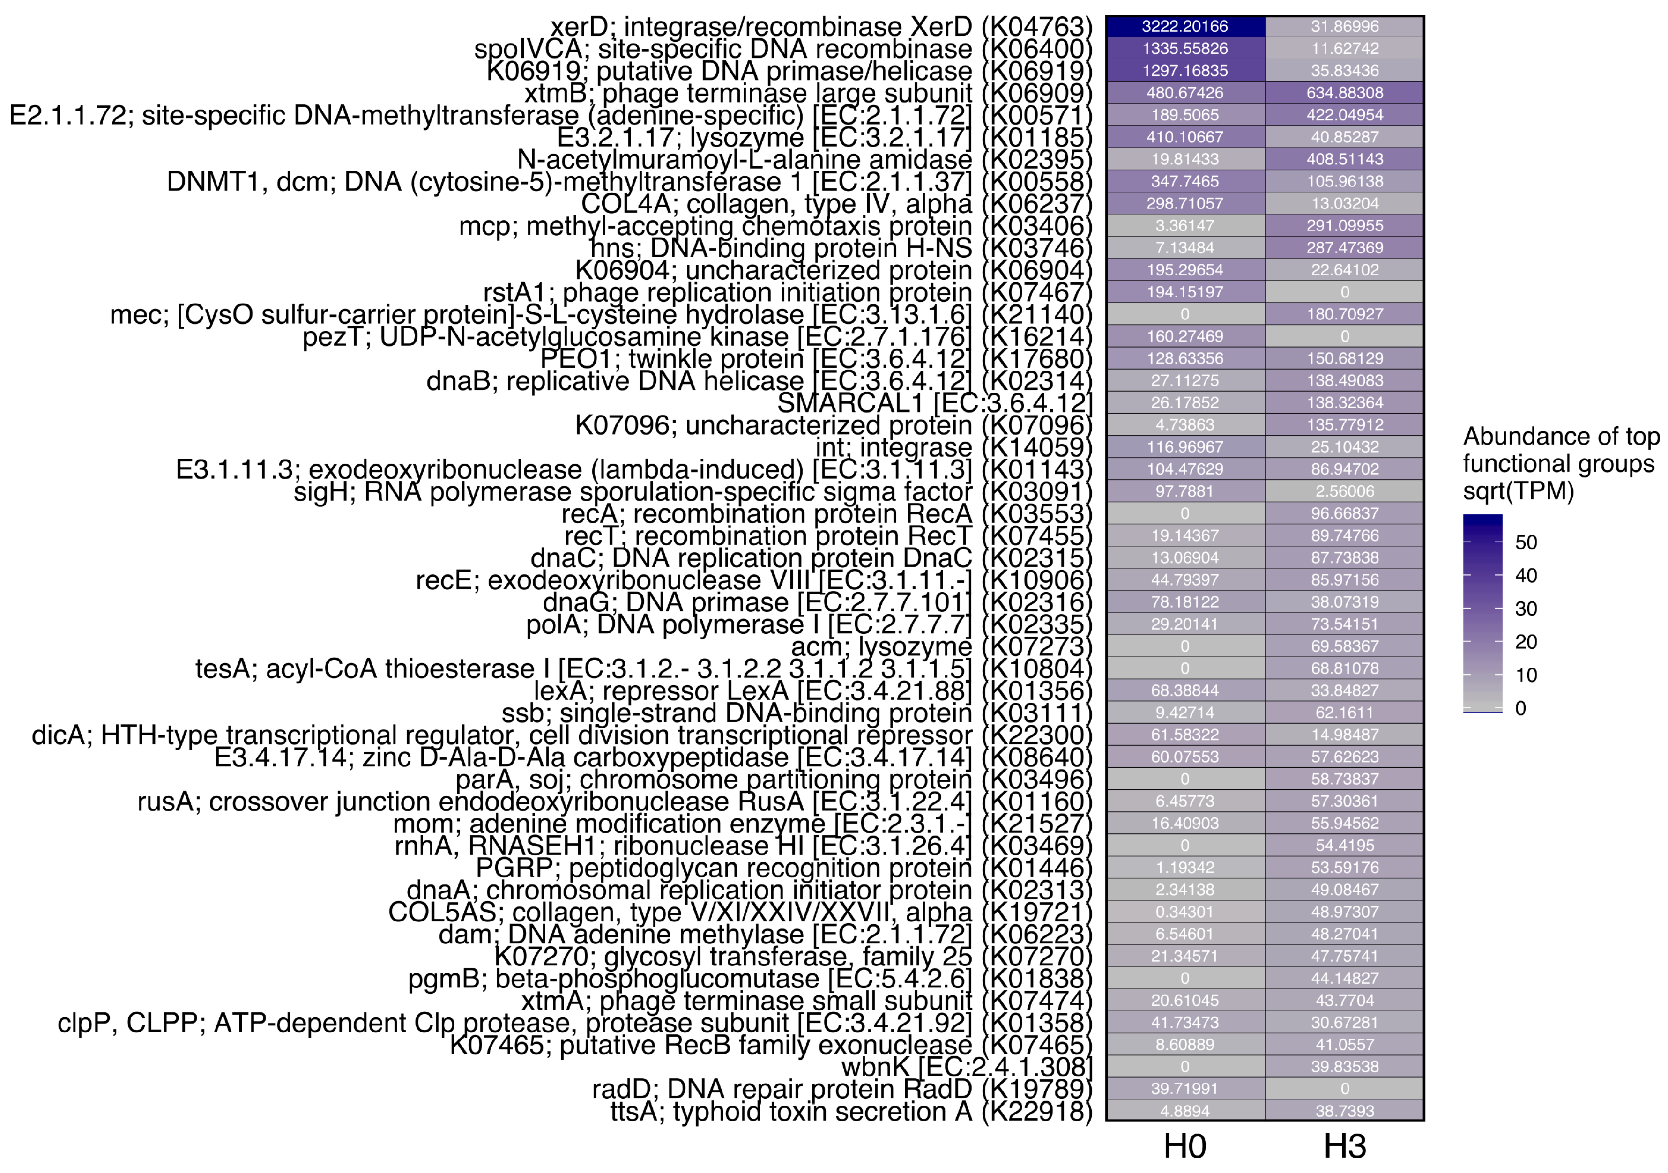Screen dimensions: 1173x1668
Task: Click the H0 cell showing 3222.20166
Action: tap(1185, 27)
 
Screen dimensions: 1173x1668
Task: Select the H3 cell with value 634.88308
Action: tap(1345, 93)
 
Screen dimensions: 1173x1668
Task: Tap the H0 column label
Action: tap(1185, 1147)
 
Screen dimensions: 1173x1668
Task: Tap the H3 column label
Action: tap(1345, 1147)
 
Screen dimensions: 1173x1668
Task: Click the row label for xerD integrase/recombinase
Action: tap(821, 27)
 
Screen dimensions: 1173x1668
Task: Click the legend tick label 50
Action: tap(1527, 542)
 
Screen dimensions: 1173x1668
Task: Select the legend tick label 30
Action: tap(1527, 609)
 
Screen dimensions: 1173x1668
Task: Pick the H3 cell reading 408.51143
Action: tap(1345, 159)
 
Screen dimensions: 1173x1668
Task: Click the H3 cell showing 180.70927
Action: tap(1345, 314)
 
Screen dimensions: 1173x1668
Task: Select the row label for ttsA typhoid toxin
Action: tap(851, 1111)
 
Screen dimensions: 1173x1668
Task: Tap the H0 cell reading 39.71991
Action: tap(1185, 1089)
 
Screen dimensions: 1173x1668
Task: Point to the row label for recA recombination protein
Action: tap(827, 513)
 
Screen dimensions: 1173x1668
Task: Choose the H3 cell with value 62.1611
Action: tap(1345, 713)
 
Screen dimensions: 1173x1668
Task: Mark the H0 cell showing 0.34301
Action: tap(1185, 912)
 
